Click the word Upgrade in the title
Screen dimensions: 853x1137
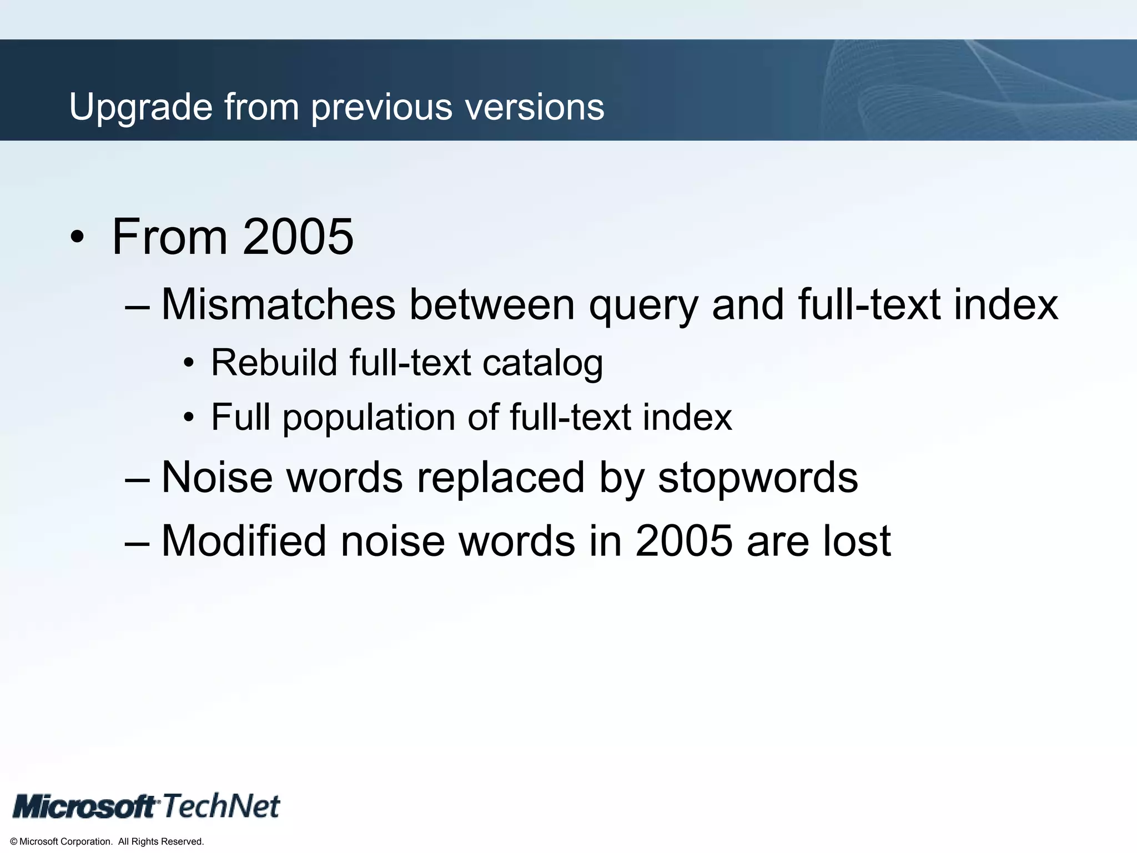(x=140, y=107)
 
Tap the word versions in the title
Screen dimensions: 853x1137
(x=535, y=107)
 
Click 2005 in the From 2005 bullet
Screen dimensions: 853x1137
(x=298, y=237)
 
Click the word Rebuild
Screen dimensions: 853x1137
(x=274, y=363)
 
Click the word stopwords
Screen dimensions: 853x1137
(x=758, y=478)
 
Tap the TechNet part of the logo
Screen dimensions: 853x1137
(x=221, y=806)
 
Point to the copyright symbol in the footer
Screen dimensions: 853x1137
(x=14, y=842)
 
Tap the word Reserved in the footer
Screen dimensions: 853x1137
(x=186, y=842)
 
